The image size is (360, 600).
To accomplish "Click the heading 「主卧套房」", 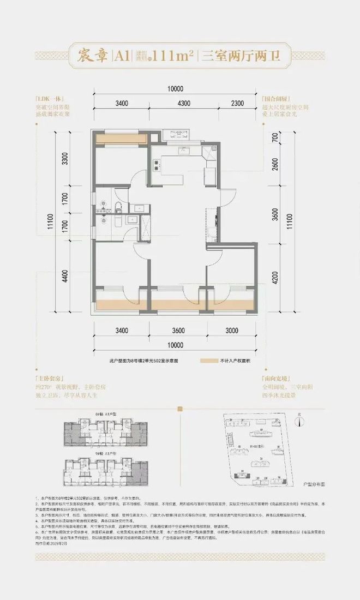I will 45,377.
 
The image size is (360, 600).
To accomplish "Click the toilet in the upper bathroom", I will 119,206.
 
